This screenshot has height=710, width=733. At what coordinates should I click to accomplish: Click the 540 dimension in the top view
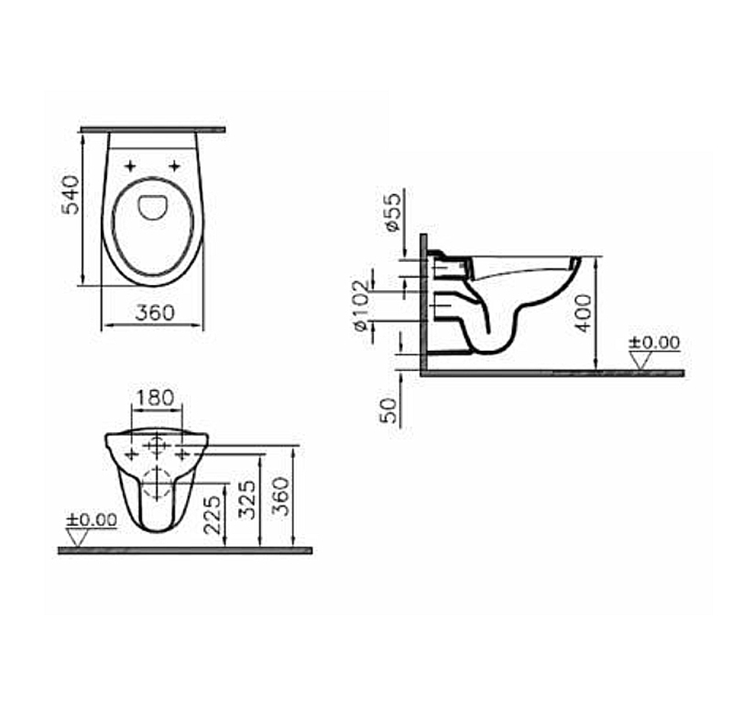71,194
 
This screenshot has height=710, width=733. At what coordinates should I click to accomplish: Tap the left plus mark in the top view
129,166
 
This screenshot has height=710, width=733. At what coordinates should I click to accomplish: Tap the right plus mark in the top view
174,166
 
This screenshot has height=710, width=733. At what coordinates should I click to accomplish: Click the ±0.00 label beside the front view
92,519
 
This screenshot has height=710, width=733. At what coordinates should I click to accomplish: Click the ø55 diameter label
391,212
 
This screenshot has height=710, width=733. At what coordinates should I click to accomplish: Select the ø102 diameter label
362,303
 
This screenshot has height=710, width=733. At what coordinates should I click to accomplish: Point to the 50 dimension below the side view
391,409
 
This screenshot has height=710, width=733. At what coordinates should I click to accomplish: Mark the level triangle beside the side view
640,360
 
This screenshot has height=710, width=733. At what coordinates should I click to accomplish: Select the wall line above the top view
152,129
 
